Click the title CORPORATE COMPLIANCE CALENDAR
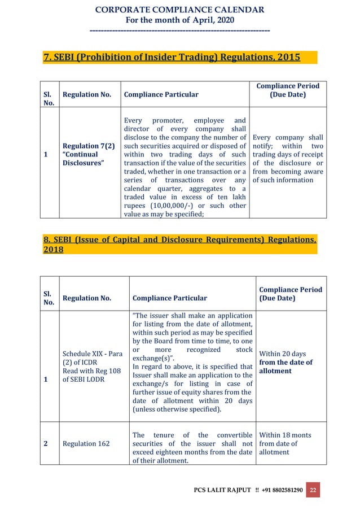pyautogui.click(x=180, y=10)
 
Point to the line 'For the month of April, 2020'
pyautogui.click(x=180, y=20)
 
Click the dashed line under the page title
pyautogui.click(x=180, y=29)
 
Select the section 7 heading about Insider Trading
pyautogui.click(x=172, y=57)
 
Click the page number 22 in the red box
pyautogui.click(x=313, y=489)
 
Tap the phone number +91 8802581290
pyautogui.click(x=281, y=490)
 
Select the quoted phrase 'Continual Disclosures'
pyautogui.click(x=80, y=158)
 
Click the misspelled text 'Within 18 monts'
pyautogui.click(x=285, y=435)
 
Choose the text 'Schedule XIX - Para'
pyautogui.click(x=93, y=354)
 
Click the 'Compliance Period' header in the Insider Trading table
pyautogui.click(x=288, y=86)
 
